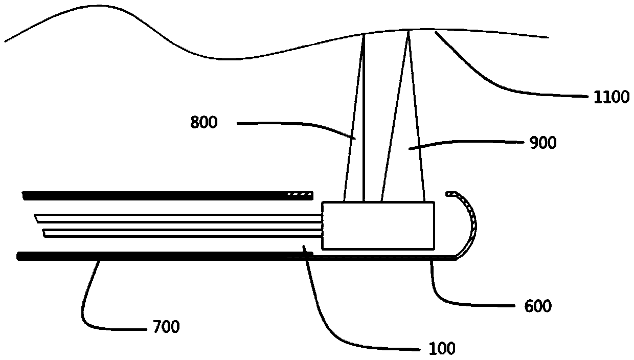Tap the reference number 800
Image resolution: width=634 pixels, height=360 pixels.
(x=204, y=123)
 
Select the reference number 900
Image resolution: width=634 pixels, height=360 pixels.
(x=542, y=143)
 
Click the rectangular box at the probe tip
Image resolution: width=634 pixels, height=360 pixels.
(x=378, y=226)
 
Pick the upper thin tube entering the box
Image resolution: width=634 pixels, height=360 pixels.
(x=179, y=218)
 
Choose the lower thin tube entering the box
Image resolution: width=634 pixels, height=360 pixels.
(x=179, y=233)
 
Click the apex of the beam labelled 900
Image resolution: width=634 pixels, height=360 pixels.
(x=408, y=33)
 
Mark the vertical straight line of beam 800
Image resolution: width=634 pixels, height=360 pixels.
(x=364, y=118)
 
